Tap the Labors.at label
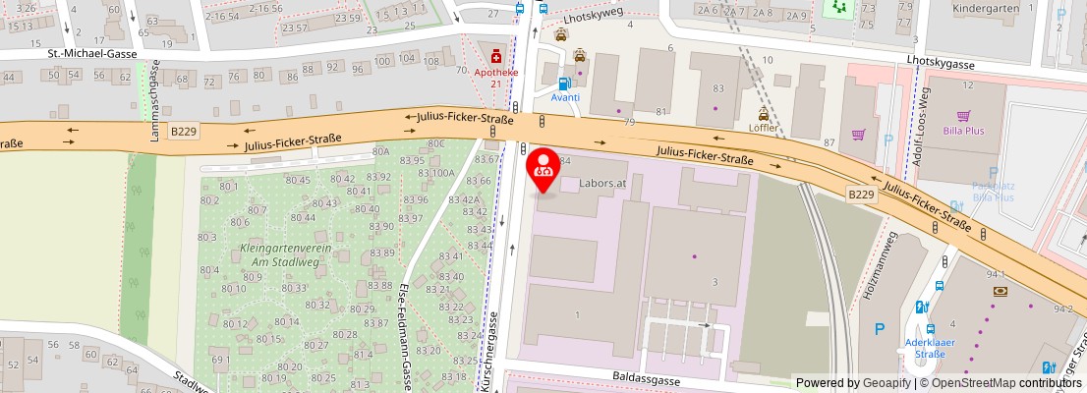pos(602,183)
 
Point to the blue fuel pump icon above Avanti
pos(564,84)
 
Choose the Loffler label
pos(763,128)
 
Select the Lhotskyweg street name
pos(596,17)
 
